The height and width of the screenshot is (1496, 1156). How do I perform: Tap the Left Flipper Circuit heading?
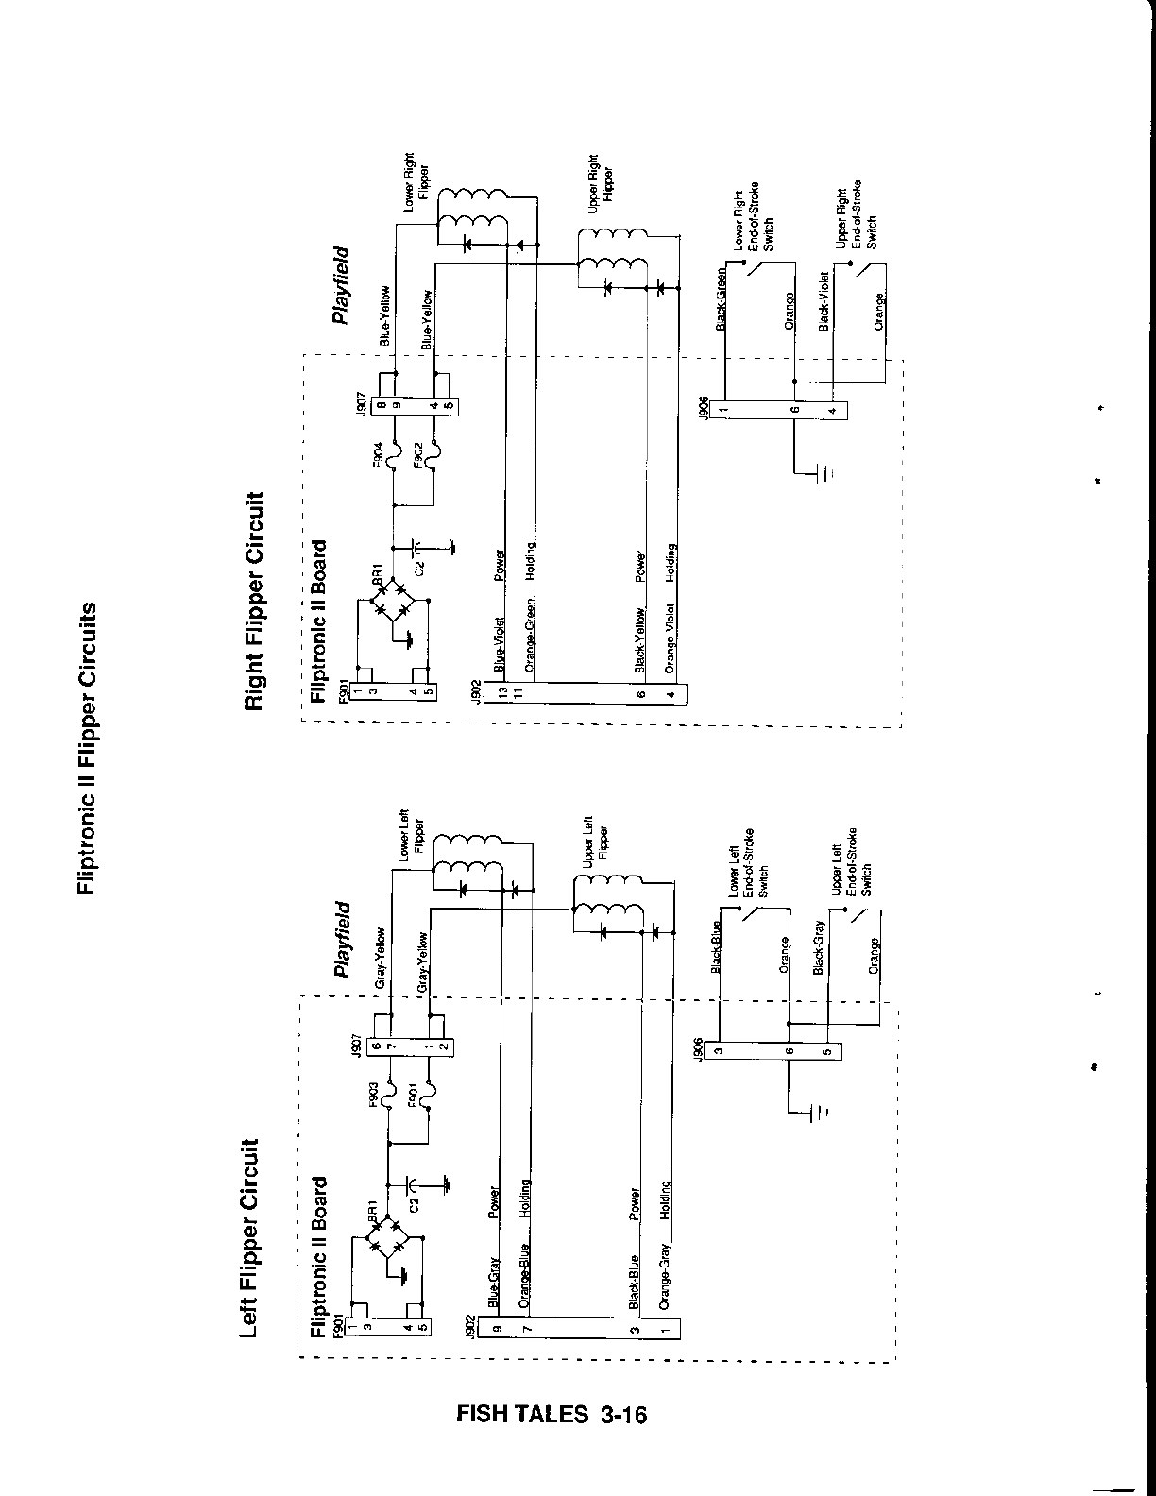(250, 1238)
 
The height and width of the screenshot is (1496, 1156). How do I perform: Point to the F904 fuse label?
(378, 455)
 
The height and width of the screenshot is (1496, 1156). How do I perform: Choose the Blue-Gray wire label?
(493, 1286)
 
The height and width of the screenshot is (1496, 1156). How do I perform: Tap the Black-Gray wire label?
(818, 947)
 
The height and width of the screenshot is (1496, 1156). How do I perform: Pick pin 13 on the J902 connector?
(504, 692)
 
